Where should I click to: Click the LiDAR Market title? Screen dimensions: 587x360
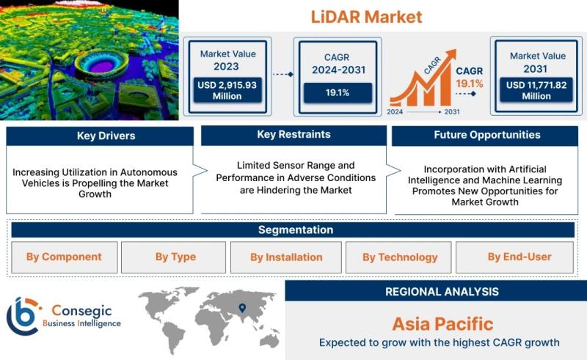tap(366, 17)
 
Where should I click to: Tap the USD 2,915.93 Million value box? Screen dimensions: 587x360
tap(227, 90)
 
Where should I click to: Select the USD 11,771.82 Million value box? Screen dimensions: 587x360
tap(536, 90)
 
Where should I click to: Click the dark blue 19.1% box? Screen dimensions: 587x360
tap(338, 93)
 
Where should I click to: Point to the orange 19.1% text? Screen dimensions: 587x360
tap(470, 84)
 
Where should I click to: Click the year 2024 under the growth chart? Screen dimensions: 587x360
tap(395, 111)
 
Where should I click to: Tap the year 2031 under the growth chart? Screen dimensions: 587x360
tap(452, 111)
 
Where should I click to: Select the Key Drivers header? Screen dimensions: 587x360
tap(100, 136)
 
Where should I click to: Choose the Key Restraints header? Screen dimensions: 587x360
tap(294, 135)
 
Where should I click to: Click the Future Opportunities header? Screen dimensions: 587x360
tap(485, 136)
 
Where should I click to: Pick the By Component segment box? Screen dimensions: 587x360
tap(65, 257)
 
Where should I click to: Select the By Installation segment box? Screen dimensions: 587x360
tap(286, 257)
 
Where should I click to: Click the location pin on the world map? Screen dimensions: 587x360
tap(243, 308)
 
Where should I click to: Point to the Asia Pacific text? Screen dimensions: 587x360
tap(443, 323)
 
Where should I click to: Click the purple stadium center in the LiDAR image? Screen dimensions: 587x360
tap(101, 66)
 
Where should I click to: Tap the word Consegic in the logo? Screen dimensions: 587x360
tap(81, 311)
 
